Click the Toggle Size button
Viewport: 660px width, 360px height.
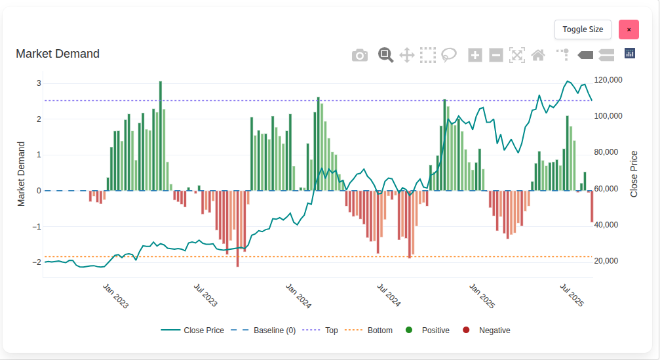pos(583,30)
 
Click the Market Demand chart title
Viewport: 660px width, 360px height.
pos(58,54)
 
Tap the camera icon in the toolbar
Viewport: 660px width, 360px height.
pos(360,55)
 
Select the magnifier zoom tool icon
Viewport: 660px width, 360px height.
pos(385,55)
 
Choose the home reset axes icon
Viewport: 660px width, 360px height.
pos(538,55)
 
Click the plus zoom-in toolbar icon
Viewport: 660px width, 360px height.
pos(475,55)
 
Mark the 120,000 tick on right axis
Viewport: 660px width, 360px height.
pos(608,80)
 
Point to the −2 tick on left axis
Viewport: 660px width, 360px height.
pos(37,262)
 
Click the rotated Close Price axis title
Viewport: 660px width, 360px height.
pos(634,174)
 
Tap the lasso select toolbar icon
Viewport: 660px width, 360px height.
pos(449,55)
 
